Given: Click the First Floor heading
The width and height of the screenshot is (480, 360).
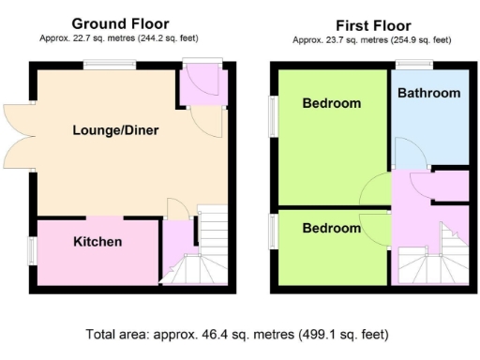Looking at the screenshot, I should pyautogui.click(x=371, y=25).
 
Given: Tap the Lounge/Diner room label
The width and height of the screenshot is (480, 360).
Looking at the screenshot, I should pyautogui.click(x=115, y=131).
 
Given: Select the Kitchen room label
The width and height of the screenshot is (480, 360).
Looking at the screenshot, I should pyautogui.click(x=97, y=242).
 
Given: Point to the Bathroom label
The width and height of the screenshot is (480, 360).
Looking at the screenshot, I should pyautogui.click(x=428, y=93).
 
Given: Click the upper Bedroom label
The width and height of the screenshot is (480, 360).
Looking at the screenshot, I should pyautogui.click(x=331, y=104).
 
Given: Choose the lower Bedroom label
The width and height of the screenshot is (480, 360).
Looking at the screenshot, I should pyautogui.click(x=331, y=229).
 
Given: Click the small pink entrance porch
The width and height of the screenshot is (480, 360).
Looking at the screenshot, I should pyautogui.click(x=199, y=86).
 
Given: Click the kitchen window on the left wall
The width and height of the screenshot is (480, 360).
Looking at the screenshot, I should pyautogui.click(x=31, y=251).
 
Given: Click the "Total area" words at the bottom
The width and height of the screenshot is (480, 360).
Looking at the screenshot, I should pyautogui.click(x=118, y=334).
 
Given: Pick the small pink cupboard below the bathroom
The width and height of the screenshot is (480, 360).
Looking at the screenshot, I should pyautogui.click(x=451, y=186).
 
